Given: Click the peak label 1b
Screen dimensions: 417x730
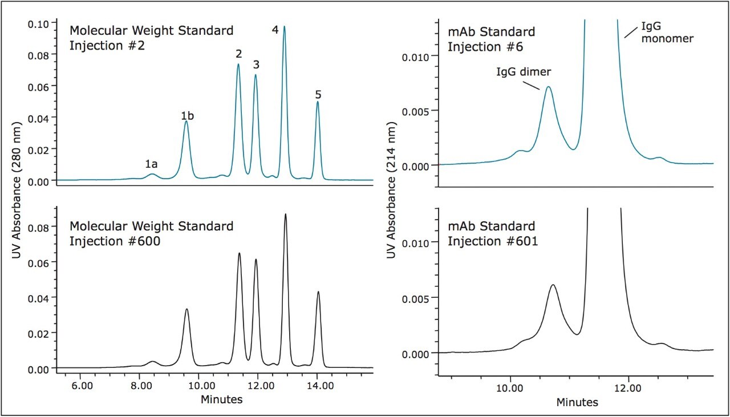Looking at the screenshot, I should click(x=187, y=116).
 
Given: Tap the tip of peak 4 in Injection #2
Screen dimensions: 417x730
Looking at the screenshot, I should click(x=284, y=27).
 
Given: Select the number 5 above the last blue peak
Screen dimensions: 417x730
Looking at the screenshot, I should click(x=318, y=95).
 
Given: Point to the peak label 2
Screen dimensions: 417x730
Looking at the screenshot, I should click(x=238, y=55).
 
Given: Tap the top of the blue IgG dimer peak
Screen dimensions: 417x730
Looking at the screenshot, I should click(x=548, y=87).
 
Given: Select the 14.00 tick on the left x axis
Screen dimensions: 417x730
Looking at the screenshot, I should click(x=315, y=386).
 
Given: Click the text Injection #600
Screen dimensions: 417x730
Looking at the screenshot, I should click(x=114, y=241).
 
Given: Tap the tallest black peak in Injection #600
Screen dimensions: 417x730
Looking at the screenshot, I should click(x=285, y=214).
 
